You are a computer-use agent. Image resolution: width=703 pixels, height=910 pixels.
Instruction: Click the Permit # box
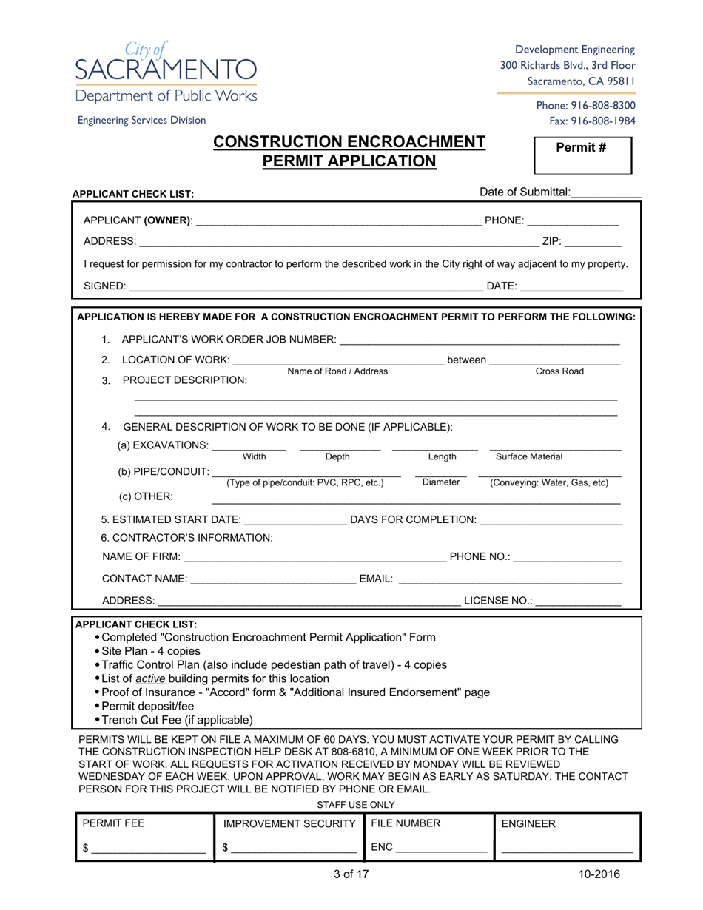pos(582,155)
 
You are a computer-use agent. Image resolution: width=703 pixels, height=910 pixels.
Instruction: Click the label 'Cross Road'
pos(559,371)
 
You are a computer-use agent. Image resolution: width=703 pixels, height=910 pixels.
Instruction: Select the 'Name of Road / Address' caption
pos(337,371)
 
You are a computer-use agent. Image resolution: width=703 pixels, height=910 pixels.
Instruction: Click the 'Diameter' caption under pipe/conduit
pos(441,482)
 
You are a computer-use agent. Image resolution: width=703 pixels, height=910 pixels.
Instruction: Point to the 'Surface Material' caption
pos(529,457)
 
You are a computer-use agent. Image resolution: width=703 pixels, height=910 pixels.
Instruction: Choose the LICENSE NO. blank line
pos(578,601)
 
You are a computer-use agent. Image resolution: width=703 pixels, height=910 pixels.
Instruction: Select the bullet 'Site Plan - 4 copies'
pos(151,651)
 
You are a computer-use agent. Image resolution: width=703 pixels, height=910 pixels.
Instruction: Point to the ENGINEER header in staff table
pos(528,824)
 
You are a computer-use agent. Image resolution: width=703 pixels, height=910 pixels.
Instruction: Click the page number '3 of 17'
pos(351,874)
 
